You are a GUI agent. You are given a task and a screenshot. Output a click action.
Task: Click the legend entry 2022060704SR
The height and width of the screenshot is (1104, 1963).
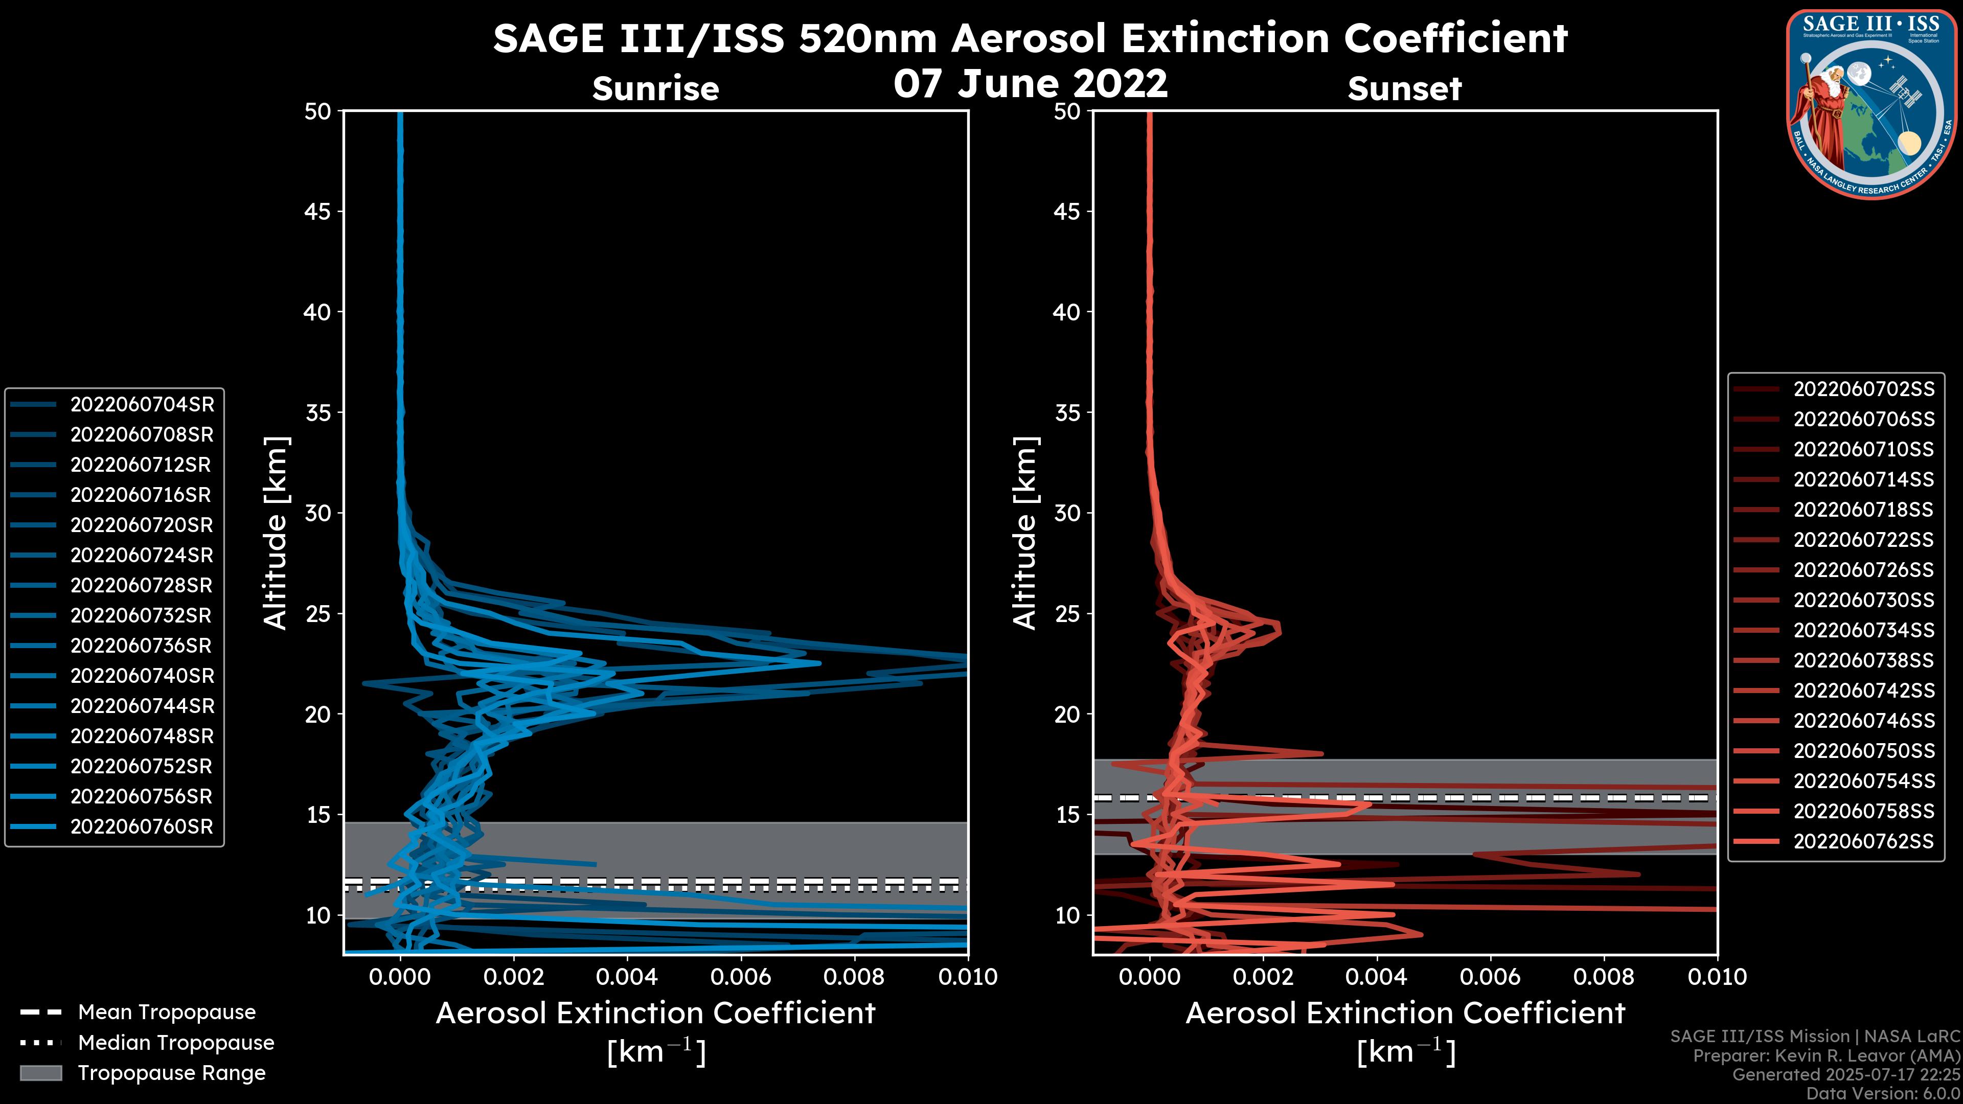(142, 405)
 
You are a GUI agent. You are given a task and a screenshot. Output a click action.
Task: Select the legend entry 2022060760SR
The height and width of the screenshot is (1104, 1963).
(142, 826)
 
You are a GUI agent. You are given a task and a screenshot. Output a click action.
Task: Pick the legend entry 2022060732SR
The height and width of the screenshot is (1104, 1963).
(142, 615)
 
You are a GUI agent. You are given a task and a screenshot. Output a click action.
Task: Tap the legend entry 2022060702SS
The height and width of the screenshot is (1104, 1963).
(1863, 389)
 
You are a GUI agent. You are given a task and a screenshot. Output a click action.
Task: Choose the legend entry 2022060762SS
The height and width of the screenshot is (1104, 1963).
(1863, 841)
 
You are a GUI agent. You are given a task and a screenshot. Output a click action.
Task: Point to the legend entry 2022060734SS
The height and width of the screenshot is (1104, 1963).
(1863, 630)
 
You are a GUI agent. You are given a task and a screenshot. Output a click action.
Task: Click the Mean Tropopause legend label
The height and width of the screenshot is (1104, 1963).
(167, 1013)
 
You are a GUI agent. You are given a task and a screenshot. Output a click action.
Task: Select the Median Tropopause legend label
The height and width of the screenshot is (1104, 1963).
(176, 1043)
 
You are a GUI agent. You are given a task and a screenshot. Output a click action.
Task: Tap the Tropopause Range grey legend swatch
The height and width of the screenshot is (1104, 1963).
(41, 1073)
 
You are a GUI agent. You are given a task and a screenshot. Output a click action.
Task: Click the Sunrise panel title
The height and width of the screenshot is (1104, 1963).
(655, 89)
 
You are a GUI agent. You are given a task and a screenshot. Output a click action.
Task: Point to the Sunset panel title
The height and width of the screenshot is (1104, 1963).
(1404, 89)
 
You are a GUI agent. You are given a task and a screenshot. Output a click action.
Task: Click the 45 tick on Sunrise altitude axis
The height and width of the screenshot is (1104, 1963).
(318, 211)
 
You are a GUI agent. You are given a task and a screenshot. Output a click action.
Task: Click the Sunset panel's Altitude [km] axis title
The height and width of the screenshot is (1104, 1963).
(1025, 533)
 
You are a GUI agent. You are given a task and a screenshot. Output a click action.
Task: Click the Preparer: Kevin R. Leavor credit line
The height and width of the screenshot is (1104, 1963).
(1826, 1056)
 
